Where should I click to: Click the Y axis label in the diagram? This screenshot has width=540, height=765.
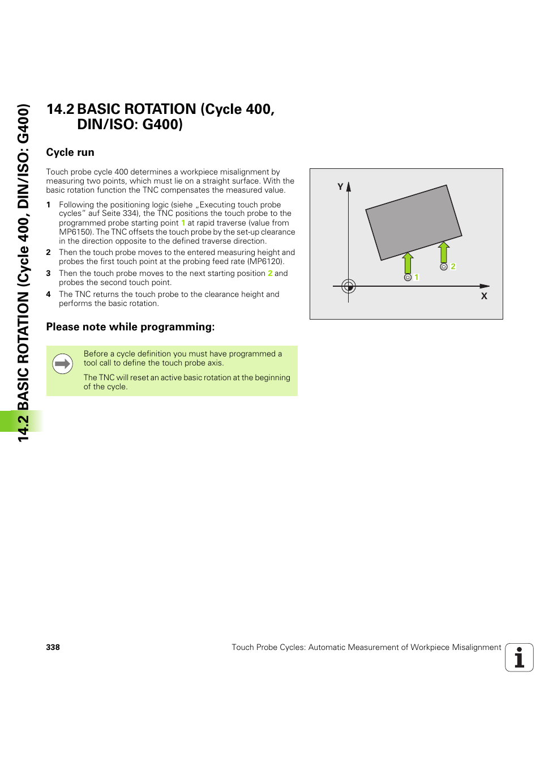click(340, 186)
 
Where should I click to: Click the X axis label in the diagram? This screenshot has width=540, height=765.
click(484, 296)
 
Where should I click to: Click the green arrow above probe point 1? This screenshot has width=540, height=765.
click(408, 263)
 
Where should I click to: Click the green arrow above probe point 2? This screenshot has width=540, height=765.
click(444, 252)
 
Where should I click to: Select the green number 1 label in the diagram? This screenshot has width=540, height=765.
click(417, 277)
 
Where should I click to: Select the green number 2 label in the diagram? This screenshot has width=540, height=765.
click(453, 266)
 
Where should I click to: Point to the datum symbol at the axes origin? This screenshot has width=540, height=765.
click(349, 286)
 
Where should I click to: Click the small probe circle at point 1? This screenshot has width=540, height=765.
click(408, 277)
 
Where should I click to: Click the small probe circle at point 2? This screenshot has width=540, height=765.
click(444, 266)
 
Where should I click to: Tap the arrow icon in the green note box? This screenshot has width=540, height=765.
click(63, 364)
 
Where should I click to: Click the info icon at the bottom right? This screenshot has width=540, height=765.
click(519, 657)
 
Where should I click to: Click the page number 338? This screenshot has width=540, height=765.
click(53, 647)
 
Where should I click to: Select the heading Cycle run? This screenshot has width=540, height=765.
click(70, 152)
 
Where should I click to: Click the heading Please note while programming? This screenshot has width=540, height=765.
click(130, 327)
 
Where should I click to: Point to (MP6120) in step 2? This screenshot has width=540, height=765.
click(265, 261)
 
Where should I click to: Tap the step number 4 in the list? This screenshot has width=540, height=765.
click(49, 294)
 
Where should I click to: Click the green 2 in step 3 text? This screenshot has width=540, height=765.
click(270, 273)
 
